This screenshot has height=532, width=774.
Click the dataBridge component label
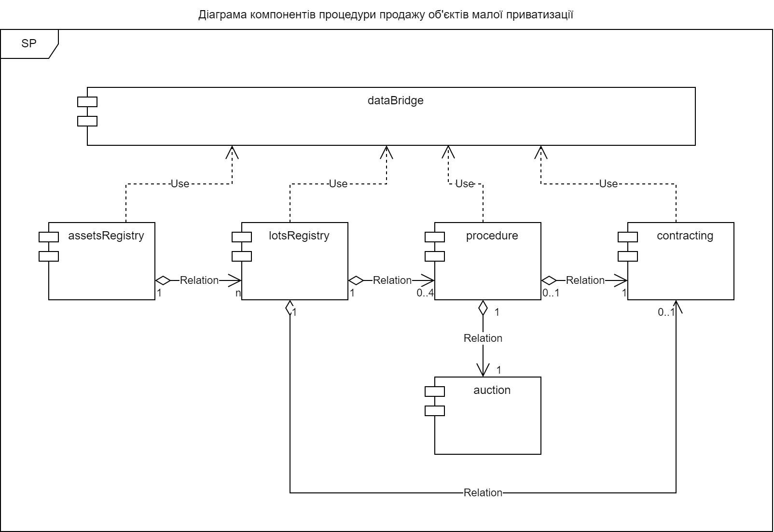pyautogui.click(x=395, y=100)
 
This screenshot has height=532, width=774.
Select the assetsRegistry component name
pyautogui.click(x=106, y=236)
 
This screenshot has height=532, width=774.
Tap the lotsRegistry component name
pyautogui.click(x=299, y=236)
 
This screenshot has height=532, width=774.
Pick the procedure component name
pyautogui.click(x=492, y=236)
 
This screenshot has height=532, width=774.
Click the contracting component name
pyautogui.click(x=685, y=236)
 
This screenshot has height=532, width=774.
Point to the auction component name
pyautogui.click(x=492, y=390)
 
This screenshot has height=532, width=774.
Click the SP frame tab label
pyautogui.click(x=29, y=43)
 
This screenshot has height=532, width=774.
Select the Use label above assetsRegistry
pyautogui.click(x=180, y=183)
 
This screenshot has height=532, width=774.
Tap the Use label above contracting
pyautogui.click(x=608, y=183)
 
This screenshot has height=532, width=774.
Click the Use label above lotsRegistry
pyautogui.click(x=338, y=183)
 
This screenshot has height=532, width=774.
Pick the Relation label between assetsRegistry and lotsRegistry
pyautogui.click(x=199, y=280)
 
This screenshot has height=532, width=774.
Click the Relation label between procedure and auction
pyautogui.click(x=483, y=338)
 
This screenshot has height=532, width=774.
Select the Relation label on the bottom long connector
pyautogui.click(x=483, y=492)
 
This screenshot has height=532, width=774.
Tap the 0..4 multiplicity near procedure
pyautogui.click(x=425, y=293)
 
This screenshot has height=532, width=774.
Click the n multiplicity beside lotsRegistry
pyautogui.click(x=238, y=293)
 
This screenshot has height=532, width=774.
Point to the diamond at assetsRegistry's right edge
pyautogui.click(x=163, y=280)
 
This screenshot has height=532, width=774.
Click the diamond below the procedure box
pyautogui.click(x=483, y=308)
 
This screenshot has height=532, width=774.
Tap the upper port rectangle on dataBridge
pyautogui.click(x=87, y=101)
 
